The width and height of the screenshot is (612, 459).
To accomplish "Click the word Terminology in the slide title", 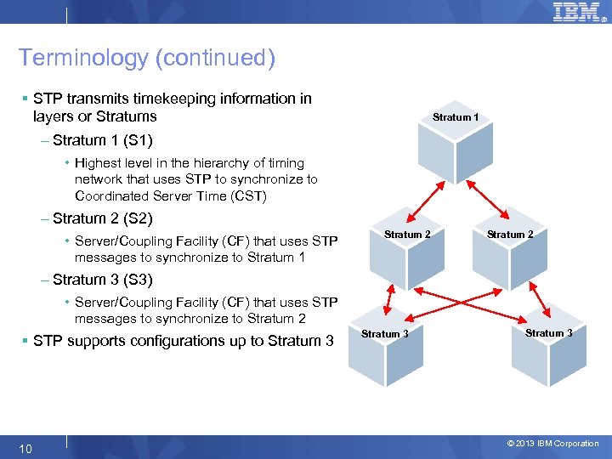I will coord(71,58).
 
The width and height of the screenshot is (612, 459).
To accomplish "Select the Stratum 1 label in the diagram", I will coord(456,117).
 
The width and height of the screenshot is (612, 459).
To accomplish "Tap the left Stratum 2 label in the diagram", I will coord(407,235).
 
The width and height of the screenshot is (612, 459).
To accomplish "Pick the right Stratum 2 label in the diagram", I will coord(511,235).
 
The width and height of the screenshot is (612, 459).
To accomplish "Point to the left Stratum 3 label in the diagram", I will coord(384,334).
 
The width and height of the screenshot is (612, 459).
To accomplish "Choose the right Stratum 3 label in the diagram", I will coord(548,333).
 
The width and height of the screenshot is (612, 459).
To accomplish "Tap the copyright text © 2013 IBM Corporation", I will coord(552,444).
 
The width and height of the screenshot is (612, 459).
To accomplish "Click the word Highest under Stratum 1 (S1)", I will coord(97,163).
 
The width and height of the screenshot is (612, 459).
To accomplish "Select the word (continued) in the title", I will coord(224,58).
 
